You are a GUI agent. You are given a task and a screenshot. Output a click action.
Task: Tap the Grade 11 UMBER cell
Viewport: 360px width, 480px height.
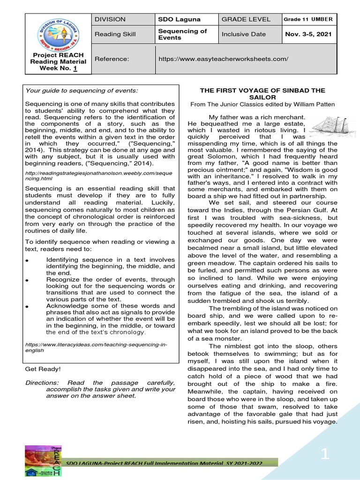tap(308, 19)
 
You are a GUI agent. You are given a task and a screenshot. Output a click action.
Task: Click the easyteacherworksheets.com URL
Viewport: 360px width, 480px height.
tap(224, 59)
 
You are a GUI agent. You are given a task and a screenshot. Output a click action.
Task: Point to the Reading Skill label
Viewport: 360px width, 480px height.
tap(115, 34)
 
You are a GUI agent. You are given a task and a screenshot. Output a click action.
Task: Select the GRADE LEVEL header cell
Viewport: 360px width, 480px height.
tap(246, 19)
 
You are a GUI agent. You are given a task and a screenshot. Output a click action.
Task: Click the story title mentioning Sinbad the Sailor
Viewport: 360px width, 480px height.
tap(269, 93)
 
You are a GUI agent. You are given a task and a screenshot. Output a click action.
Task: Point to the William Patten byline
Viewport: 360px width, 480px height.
tap(269, 104)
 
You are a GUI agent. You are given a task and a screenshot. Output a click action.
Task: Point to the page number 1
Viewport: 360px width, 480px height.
tap(325, 454)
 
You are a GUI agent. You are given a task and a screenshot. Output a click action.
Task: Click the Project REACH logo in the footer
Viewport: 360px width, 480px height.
tap(43, 461)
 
